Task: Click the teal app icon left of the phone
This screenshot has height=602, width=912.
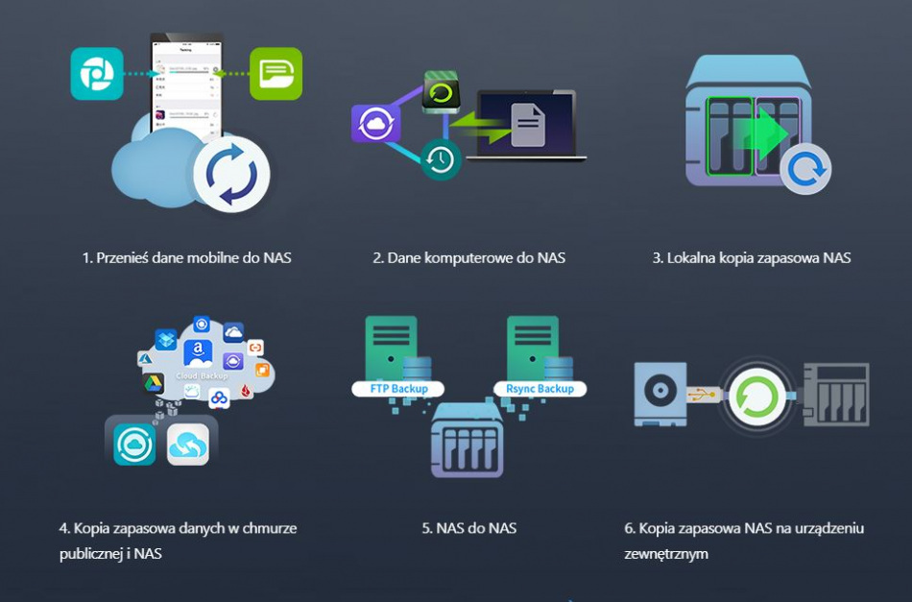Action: point(97,74)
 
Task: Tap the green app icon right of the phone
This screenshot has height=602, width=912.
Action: point(276,74)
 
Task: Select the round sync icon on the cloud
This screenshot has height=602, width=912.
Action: point(231,174)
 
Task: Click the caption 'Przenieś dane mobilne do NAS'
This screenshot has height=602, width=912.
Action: point(186,257)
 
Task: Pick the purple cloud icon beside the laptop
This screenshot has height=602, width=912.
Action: point(375,124)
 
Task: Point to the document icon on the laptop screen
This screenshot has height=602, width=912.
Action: point(528,125)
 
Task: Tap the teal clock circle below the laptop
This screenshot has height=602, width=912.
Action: point(441,159)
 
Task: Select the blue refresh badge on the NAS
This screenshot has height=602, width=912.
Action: point(804,170)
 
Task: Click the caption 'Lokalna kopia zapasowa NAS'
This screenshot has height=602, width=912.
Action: point(751,257)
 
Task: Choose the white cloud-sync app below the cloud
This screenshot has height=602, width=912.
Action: point(187,445)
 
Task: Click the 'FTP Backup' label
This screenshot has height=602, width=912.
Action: point(399,389)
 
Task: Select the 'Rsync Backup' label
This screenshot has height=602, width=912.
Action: point(540,389)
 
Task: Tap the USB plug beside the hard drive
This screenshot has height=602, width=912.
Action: point(703,394)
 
